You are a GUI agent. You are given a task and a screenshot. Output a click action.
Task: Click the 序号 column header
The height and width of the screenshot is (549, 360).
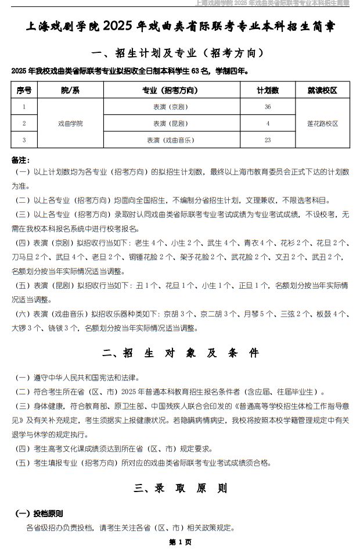point(24,90)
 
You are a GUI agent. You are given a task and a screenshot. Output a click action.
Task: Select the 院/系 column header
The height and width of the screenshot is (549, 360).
point(70,90)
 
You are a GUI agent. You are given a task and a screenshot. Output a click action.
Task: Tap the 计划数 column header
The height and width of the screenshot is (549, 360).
point(268,90)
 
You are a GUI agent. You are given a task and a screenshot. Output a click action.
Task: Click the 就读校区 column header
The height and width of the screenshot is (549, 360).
point(322,90)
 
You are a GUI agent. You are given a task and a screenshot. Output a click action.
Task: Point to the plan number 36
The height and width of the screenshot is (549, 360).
point(268,107)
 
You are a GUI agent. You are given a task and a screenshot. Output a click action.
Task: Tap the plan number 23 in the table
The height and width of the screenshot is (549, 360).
point(268,140)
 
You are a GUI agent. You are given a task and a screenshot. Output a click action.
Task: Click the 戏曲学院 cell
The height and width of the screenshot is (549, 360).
point(70,123)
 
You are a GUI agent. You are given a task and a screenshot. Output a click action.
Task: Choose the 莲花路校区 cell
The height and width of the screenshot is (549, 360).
point(322,123)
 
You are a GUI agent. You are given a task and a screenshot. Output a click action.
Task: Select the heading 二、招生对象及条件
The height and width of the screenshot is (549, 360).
point(180,353)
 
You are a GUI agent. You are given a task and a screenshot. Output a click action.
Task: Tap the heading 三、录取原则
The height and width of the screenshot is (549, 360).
point(180,489)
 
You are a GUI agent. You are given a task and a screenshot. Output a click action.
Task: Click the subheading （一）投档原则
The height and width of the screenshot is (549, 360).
point(39,514)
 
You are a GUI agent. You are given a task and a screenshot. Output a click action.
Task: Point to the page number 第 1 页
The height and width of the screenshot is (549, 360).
point(180,541)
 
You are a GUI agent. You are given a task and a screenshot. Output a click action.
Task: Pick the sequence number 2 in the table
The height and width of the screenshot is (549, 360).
point(24,123)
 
